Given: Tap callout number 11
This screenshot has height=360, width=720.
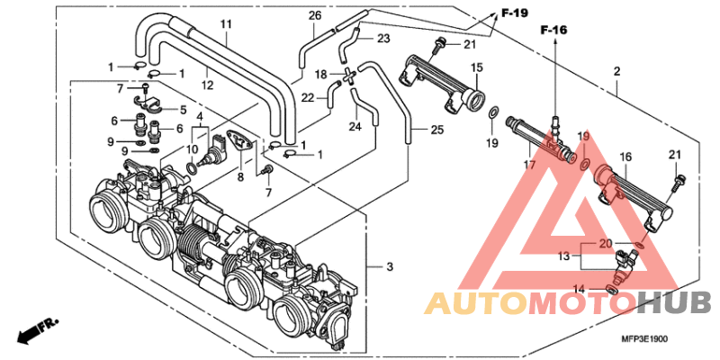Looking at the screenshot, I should (225, 23).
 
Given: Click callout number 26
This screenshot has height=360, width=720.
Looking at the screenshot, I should (314, 16).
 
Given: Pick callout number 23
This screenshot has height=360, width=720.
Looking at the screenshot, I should (383, 39).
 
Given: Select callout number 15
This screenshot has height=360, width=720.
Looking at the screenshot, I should (477, 67).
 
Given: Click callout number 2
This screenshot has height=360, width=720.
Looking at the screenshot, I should (616, 71).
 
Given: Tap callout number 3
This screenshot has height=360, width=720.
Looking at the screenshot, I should (389, 266).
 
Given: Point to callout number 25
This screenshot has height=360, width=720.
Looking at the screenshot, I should (437, 130).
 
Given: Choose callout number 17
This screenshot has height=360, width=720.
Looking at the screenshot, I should (529, 165).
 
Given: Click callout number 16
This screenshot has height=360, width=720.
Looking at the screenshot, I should (625, 157).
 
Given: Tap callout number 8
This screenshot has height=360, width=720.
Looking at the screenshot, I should (241, 178).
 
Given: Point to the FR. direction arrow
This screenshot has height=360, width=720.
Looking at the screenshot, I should (33, 328).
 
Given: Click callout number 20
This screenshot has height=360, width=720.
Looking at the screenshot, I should (606, 243).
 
